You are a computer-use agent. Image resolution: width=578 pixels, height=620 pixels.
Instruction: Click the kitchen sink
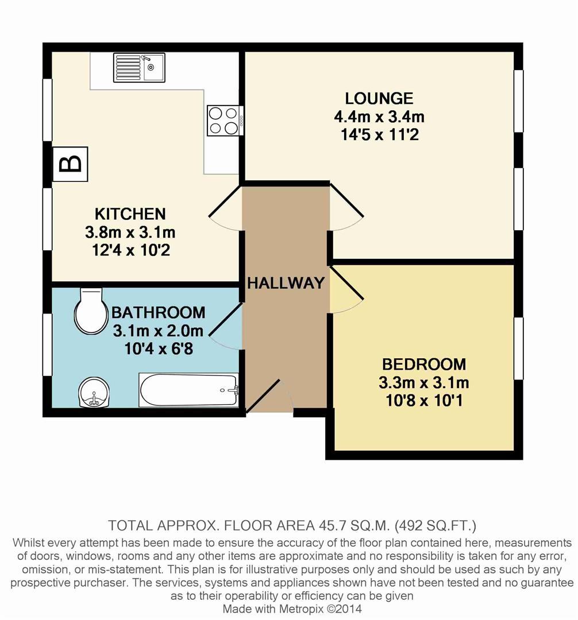tap(139, 67)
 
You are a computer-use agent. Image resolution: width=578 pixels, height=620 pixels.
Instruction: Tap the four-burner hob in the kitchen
tap(222, 121)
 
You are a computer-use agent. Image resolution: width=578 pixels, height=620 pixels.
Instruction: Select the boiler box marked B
tap(71, 164)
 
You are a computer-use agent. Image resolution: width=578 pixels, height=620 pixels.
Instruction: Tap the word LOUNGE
tap(379, 98)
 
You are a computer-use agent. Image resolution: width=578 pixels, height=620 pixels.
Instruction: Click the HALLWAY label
tap(286, 282)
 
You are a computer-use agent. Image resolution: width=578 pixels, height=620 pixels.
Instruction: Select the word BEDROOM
tap(424, 364)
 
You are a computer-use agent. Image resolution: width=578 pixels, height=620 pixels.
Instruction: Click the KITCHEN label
tap(130, 214)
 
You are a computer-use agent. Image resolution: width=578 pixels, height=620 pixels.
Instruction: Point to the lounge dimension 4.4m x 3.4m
tap(379, 117)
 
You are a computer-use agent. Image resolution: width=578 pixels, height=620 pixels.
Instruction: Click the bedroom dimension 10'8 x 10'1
tap(424, 400)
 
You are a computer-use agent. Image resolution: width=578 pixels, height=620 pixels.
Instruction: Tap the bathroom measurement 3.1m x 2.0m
tap(157, 331)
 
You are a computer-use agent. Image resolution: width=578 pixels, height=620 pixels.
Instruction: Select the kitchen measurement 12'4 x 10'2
tap(130, 251)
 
